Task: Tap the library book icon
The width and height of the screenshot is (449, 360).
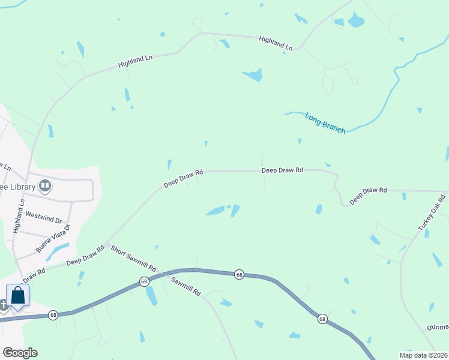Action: (x=45, y=186)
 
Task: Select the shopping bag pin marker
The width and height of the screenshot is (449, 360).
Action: (x=18, y=295)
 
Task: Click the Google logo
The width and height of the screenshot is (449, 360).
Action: (x=20, y=353)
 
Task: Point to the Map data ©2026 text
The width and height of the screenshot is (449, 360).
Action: (x=423, y=355)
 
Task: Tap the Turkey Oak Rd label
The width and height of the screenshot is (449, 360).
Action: (x=432, y=213)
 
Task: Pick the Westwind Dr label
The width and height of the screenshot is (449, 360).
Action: (x=44, y=220)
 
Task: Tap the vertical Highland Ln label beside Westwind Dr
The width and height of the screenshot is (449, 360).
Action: (x=18, y=217)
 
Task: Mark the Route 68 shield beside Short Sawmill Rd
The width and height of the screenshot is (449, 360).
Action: (x=144, y=281)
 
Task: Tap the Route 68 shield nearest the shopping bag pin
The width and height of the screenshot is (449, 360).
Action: (x=53, y=315)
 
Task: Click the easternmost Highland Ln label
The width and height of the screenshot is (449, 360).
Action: (x=275, y=43)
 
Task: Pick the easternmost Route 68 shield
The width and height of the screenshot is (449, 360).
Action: (x=322, y=318)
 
